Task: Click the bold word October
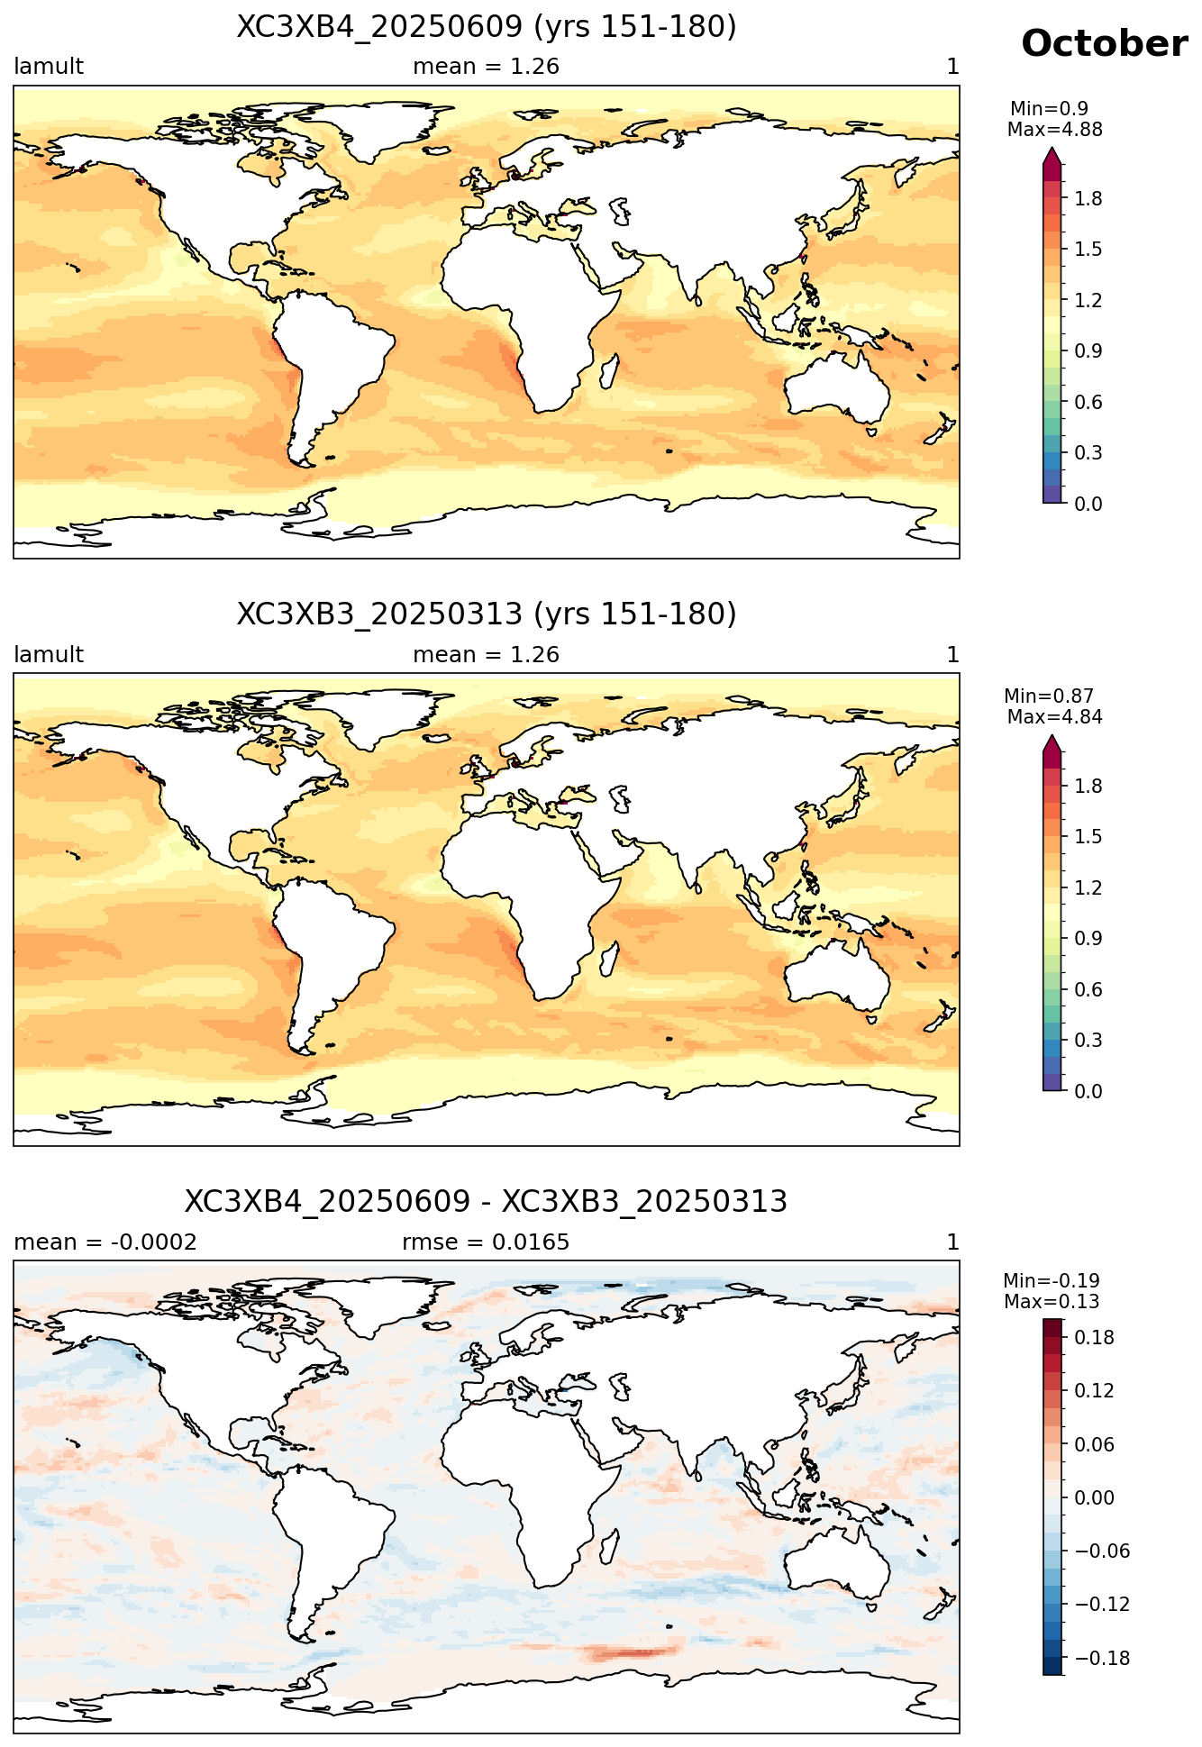click(x=1104, y=43)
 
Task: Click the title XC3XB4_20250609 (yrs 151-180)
click(x=487, y=27)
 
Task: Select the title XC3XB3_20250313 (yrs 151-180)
click(x=487, y=614)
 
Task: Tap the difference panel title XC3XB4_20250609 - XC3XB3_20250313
click(x=487, y=1202)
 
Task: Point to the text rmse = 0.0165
click(x=486, y=1242)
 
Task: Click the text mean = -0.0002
click(x=105, y=1242)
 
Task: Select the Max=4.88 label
click(x=1054, y=130)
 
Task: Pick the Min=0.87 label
click(x=1049, y=696)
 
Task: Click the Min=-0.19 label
click(x=1052, y=1281)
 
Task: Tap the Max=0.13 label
click(x=1052, y=1302)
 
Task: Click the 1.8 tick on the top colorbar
click(x=1088, y=198)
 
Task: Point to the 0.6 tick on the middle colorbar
click(x=1088, y=989)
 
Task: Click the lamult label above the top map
click(x=49, y=67)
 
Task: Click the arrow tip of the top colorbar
click(x=1052, y=149)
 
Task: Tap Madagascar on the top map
click(x=608, y=371)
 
